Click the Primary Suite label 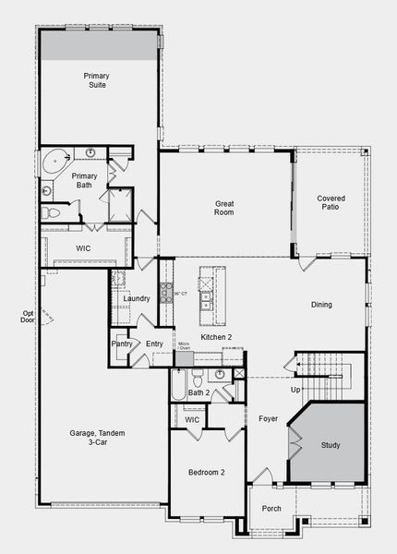point(95,79)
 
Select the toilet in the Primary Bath point(52,213)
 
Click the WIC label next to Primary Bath point(82,248)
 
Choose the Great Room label point(224,208)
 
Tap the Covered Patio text point(331,203)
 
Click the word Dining point(321,304)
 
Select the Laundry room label point(137,298)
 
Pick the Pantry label point(122,343)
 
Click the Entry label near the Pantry point(154,343)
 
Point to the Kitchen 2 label point(216,338)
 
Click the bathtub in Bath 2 point(177,385)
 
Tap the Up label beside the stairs point(295,391)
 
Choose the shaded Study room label point(330,445)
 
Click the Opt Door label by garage point(29,317)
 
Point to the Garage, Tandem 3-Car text point(97,438)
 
